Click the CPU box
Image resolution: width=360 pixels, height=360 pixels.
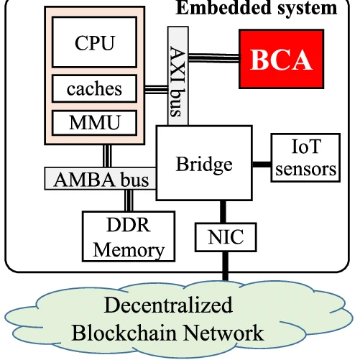pyautogui.click(x=94, y=42)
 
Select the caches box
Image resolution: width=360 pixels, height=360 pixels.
pyautogui.click(x=94, y=89)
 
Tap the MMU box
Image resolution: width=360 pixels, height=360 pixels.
pyautogui.click(x=94, y=122)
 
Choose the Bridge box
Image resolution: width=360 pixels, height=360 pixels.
pyautogui.click(x=204, y=164)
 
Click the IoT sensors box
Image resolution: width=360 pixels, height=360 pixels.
pyautogui.click(x=305, y=158)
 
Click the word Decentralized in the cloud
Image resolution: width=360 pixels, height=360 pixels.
pyautogui.click(x=169, y=305)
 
